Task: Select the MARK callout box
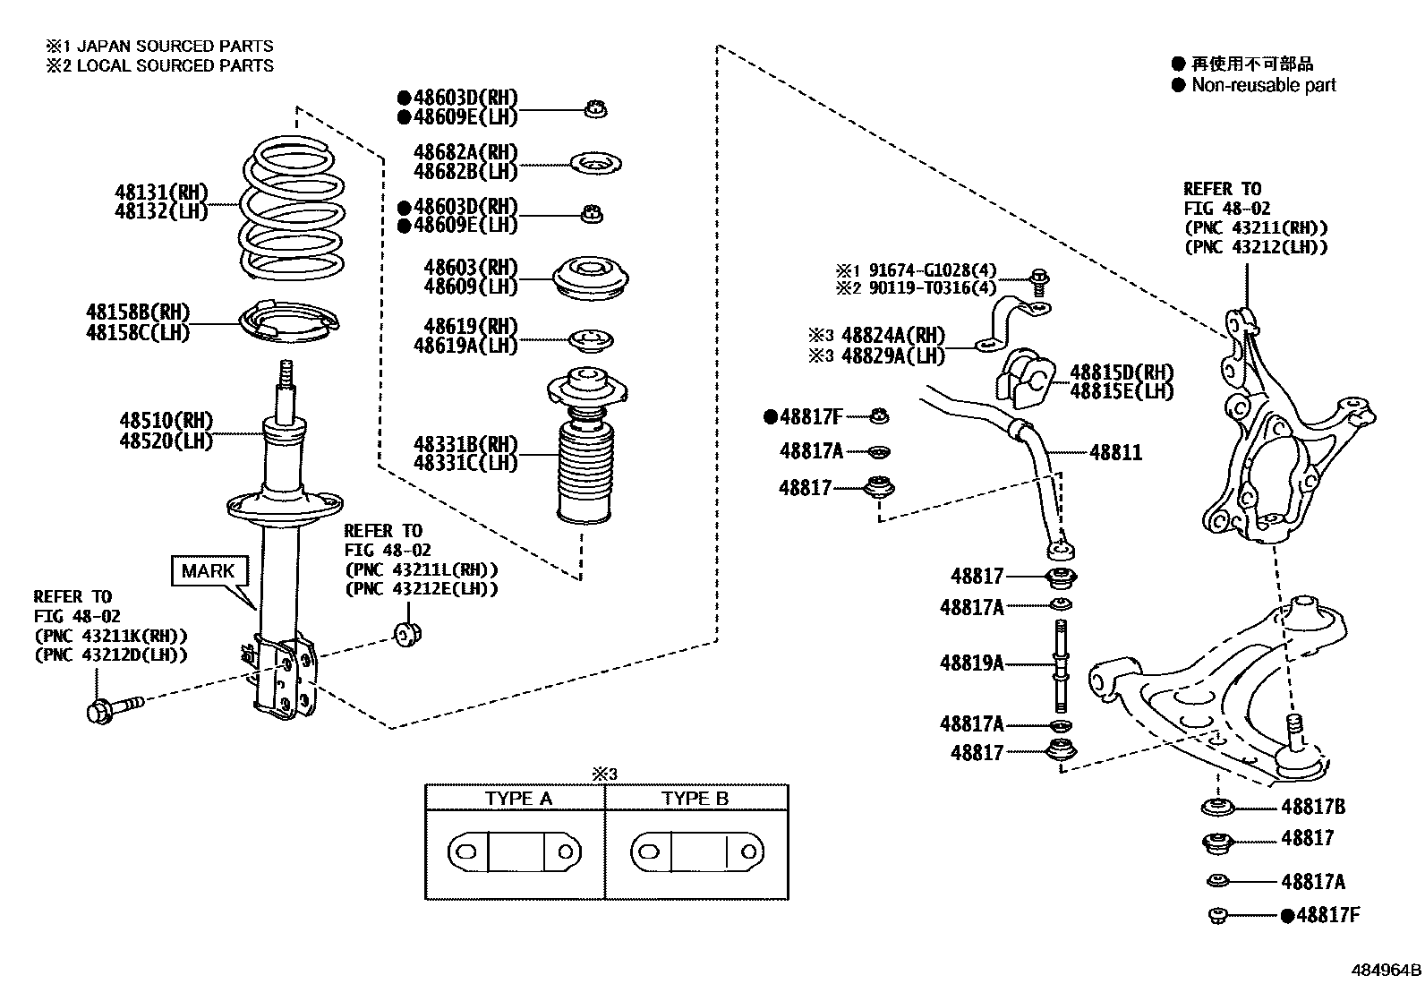(209, 570)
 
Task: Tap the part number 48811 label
(1116, 452)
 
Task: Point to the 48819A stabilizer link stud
(1061, 665)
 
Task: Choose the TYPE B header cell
(696, 798)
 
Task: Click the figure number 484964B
(1386, 970)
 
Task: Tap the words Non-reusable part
(1263, 85)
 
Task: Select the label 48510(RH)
(166, 420)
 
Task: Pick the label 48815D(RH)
(1122, 372)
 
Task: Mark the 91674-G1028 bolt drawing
(1039, 282)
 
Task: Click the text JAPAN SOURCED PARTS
(175, 46)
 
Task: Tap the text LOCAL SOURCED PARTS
(175, 65)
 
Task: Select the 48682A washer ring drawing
(595, 164)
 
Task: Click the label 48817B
(1313, 807)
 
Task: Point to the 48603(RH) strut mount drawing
(591, 278)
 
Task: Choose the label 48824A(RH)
(892, 335)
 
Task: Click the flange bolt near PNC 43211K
(115, 707)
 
